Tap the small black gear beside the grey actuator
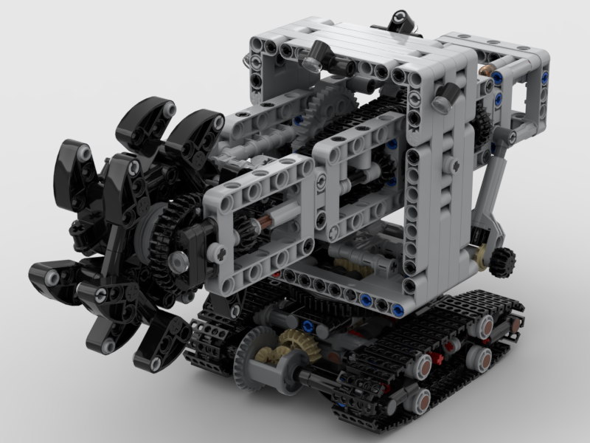pos(502,261)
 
